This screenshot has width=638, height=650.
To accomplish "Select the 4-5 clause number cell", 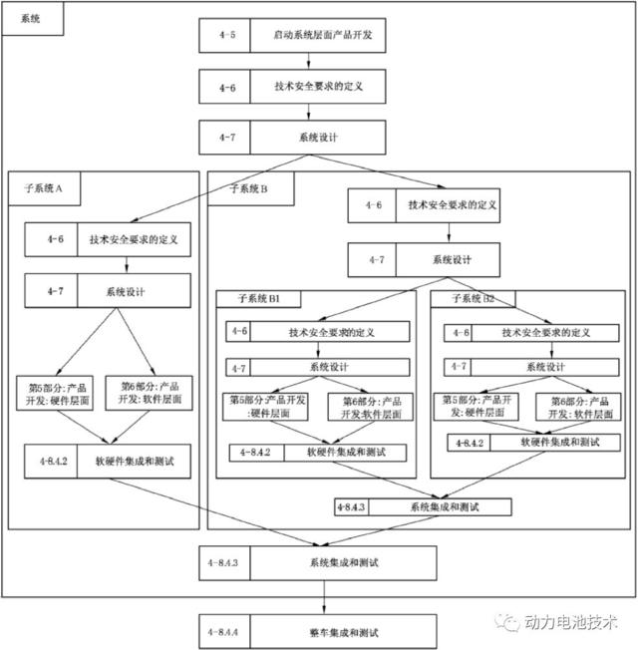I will coord(224,36).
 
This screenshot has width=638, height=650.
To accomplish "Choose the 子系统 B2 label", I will coord(474,298).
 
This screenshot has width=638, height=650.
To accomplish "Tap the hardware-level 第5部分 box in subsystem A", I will coord(57,393).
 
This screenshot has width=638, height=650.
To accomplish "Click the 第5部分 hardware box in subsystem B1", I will coord(267,406).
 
